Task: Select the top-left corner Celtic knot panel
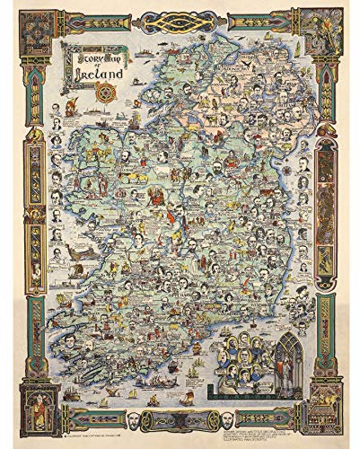tap(25, 28)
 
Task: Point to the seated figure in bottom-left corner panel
tap(25, 421)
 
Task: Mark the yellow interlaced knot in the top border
tap(180, 14)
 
